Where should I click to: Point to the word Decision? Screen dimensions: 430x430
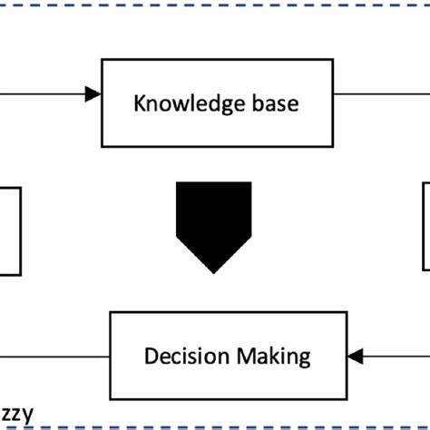pyautogui.click(x=181, y=356)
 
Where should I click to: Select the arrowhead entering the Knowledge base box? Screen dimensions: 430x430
pyautogui.click(x=93, y=93)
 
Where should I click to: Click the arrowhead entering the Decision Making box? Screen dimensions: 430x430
pyautogui.click(x=356, y=355)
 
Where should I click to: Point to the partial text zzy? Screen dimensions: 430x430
pyautogui.click(x=17, y=415)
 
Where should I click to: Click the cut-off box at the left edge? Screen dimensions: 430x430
pyautogui.click(x=9, y=230)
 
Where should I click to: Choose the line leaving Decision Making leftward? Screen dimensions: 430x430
pyautogui.click(x=54, y=355)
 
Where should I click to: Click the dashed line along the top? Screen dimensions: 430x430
pyautogui.click(x=215, y=3)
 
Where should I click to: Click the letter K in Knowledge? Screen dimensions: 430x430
pyautogui.click(x=140, y=103)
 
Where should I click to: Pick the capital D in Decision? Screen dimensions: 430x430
pyautogui.click(x=150, y=355)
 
